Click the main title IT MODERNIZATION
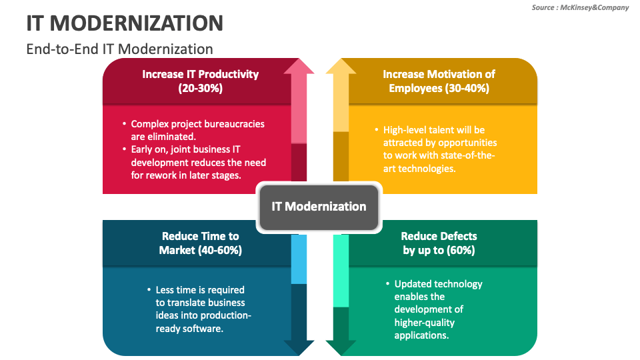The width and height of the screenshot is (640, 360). click(125, 23)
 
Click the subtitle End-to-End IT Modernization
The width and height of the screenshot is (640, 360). click(120, 49)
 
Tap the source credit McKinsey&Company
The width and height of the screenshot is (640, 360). click(580, 7)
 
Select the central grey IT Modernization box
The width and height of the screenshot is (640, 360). click(319, 207)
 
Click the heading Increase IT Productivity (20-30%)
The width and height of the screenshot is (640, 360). click(200, 81)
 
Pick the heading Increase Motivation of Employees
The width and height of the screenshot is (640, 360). click(439, 81)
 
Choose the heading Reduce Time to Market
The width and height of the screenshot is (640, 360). click(200, 243)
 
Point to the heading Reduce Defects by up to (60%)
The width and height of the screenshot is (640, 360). click(439, 243)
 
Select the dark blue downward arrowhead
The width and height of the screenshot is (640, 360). click(299, 347)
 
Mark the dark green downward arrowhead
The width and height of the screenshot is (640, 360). click(341, 347)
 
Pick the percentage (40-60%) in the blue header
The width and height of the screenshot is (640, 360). click(219, 250)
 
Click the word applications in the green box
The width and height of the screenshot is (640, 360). click(421, 335)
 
